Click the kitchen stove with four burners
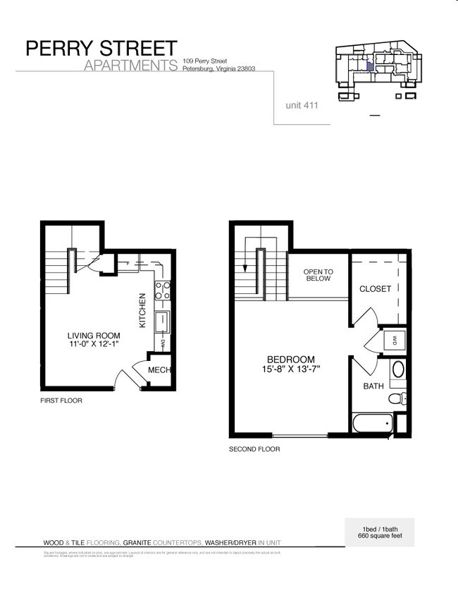[161, 291]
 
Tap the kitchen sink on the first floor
[161, 322]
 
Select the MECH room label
[159, 371]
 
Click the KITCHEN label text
[142, 311]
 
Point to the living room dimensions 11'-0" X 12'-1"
[94, 345]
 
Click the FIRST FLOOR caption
[61, 401]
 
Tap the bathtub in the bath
[372, 424]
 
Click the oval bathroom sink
[397, 369]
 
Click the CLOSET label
[375, 289]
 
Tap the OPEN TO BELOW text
[318, 275]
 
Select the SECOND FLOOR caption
[254, 449]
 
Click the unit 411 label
[302, 105]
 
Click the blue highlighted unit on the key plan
[369, 66]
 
